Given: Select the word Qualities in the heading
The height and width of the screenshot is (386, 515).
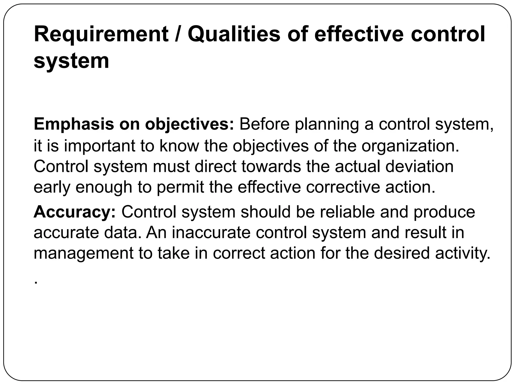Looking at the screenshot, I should pos(234,34).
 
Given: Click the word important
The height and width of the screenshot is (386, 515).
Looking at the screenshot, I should pos(100,146).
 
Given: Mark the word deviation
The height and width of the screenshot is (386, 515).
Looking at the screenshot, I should pos(419,166).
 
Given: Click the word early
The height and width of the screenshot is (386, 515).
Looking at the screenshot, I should pos(52,187).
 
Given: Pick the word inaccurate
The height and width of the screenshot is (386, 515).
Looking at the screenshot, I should pos(211,232).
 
